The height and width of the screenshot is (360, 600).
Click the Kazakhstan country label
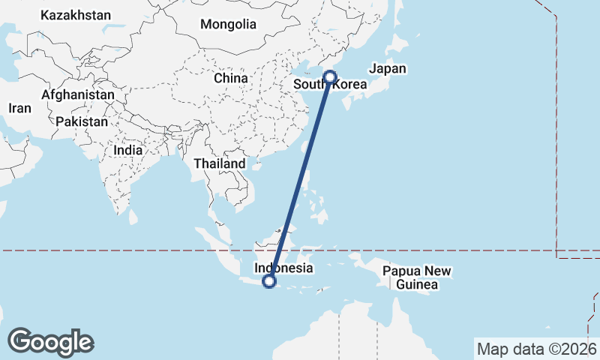76,15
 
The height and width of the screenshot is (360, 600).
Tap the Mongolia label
228,24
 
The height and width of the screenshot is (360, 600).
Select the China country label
230,78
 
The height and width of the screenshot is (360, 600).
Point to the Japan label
388,69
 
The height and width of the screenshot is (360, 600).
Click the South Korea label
330,85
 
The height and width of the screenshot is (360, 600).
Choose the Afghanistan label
78,95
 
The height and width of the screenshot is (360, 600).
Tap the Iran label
20,108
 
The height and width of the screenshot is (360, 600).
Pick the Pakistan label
82,121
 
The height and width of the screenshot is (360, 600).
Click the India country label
128,149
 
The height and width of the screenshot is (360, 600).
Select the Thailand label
220,163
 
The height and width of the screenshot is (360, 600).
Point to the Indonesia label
283,268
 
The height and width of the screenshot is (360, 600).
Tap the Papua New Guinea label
418,277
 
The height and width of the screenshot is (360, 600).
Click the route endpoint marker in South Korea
330,76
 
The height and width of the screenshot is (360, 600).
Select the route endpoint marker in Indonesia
270,282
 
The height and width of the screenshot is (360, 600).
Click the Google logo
50,342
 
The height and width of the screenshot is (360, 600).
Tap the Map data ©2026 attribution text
536,349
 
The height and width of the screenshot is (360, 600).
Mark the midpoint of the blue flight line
300,179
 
